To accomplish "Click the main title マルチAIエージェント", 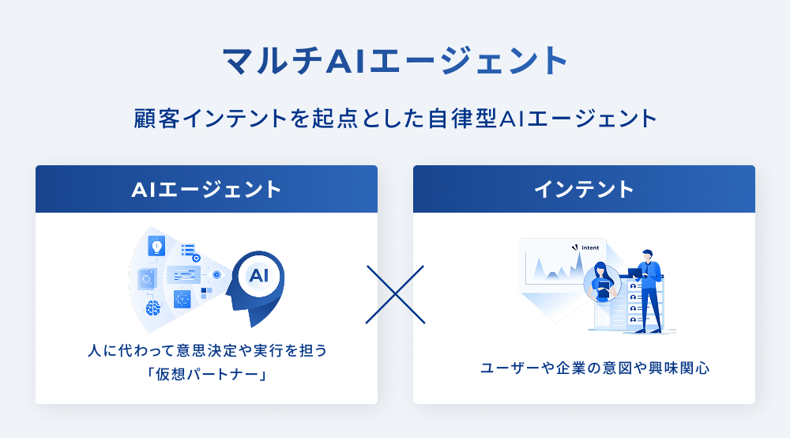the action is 396,61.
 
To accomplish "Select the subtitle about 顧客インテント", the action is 396,119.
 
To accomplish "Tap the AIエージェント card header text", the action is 206,190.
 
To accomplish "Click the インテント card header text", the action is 584,190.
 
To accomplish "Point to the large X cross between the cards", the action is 395,294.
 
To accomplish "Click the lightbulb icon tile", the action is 156,247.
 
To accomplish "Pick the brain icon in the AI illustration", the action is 153,308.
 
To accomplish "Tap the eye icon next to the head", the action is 216,274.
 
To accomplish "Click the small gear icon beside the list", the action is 197,258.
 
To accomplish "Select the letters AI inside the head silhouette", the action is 259,276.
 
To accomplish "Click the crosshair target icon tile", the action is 182,299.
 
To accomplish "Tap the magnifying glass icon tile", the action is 147,279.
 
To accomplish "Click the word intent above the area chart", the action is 590,247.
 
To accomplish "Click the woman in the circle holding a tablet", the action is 602,282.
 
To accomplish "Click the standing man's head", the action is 646,255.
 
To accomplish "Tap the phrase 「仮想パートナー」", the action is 206,374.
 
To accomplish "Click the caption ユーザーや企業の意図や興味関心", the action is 595,368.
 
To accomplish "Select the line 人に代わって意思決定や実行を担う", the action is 207,349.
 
